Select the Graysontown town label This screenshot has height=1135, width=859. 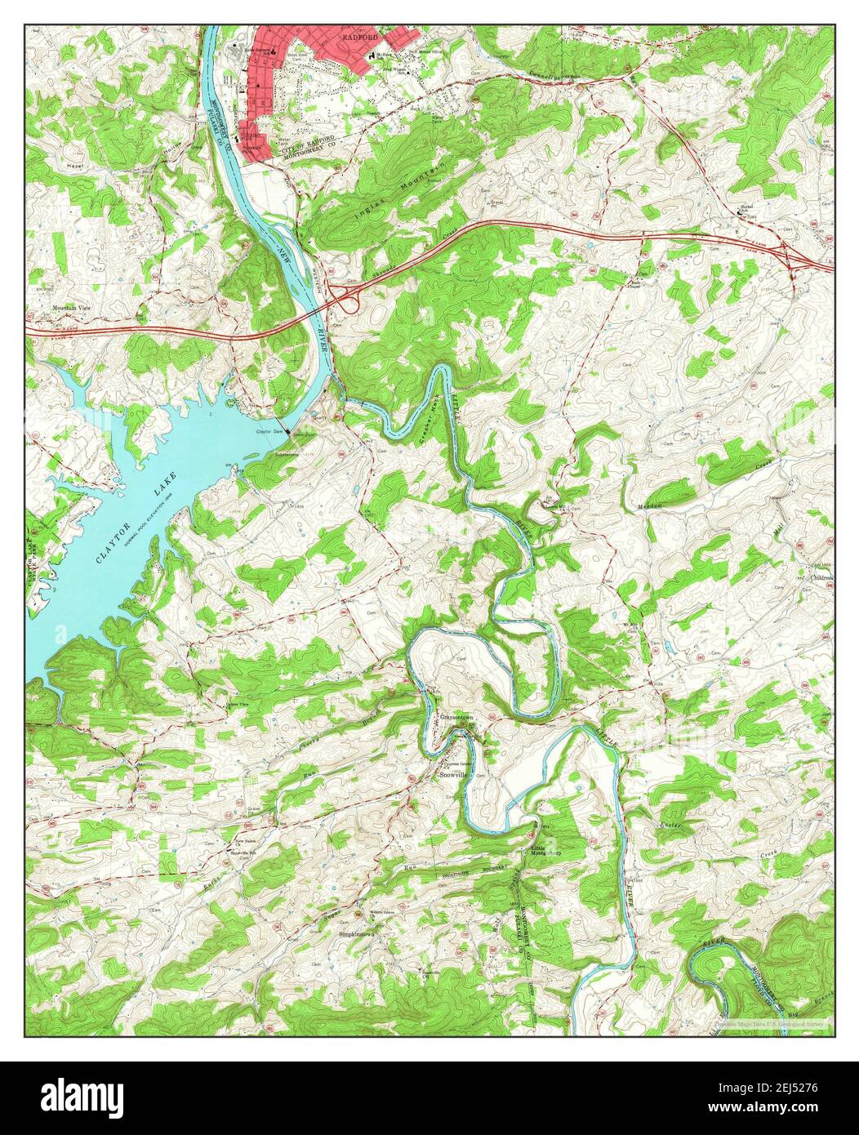tap(456, 717)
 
